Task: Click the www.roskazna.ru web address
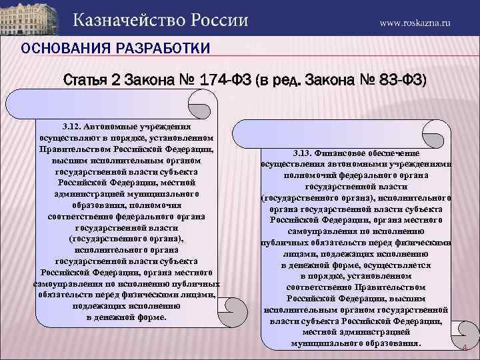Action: point(415,22)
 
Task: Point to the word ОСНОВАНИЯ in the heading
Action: point(58,49)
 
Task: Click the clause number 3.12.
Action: point(71,125)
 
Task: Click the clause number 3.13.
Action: point(303,152)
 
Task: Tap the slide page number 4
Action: point(464,349)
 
